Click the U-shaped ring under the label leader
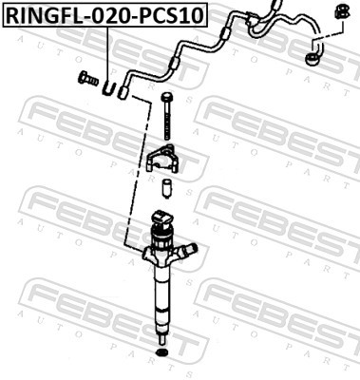tap(110, 90)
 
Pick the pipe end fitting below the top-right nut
tap(311, 60)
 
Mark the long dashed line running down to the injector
tap(136, 171)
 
